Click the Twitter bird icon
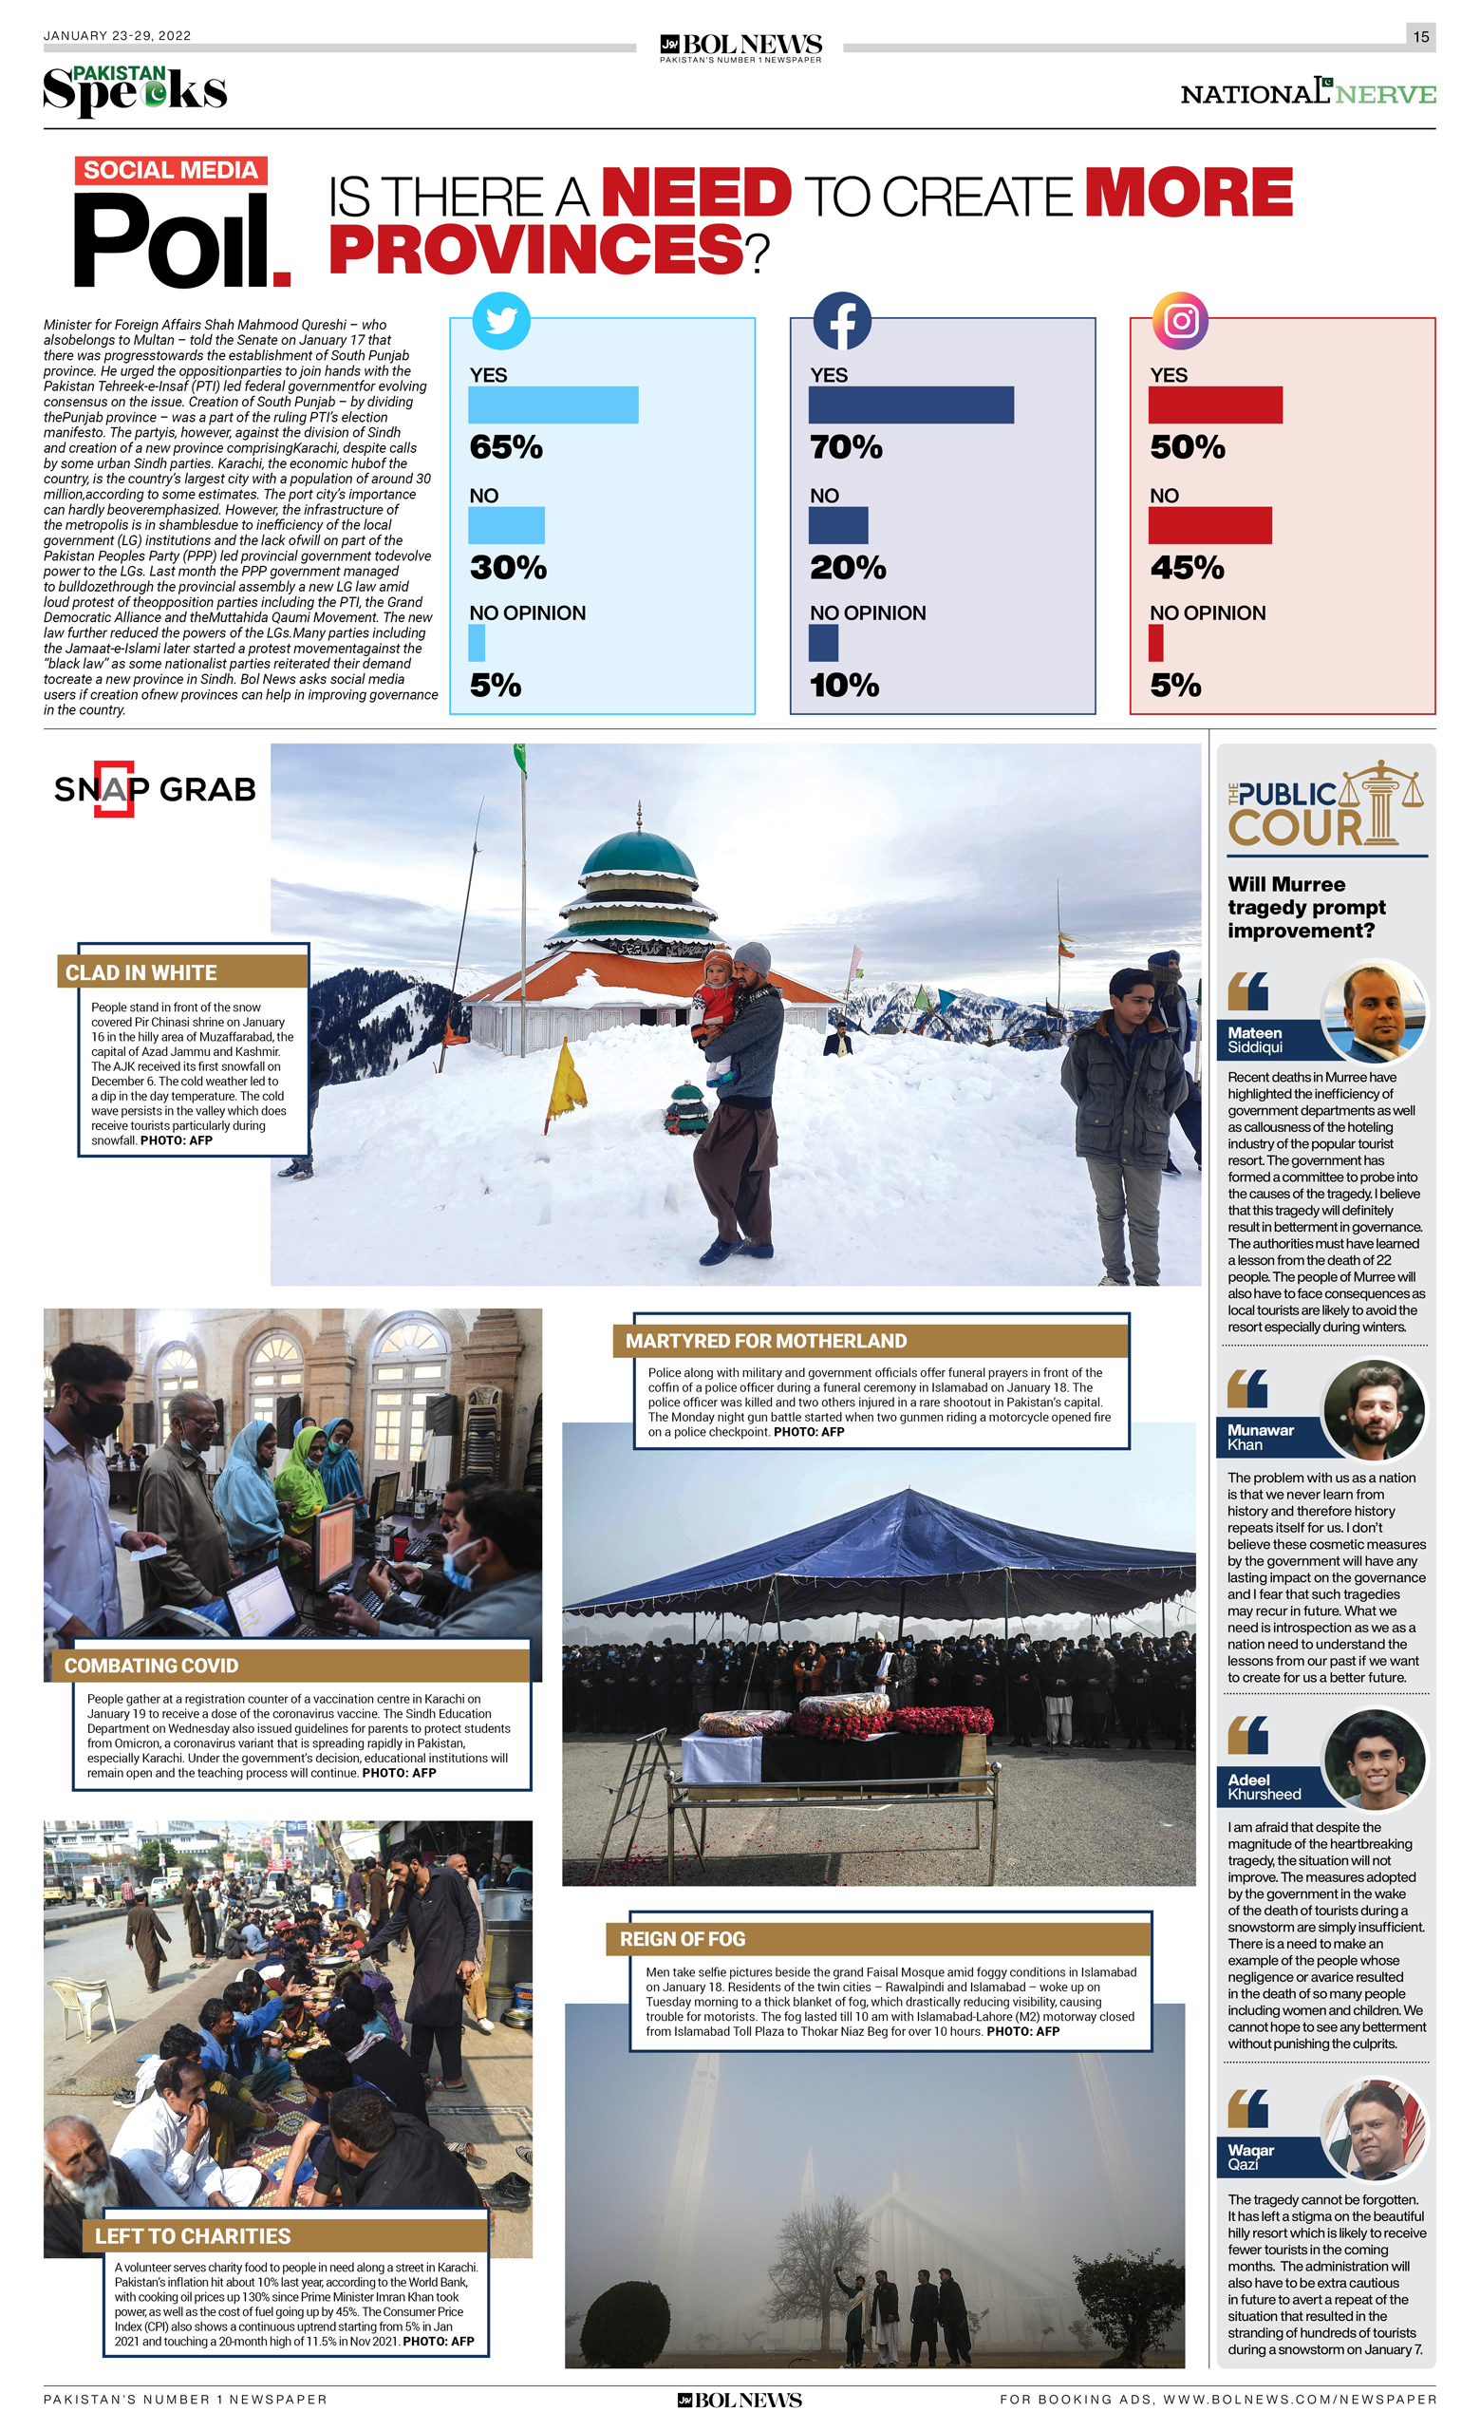[x=501, y=321]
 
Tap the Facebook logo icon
[x=841, y=321]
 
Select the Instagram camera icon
[x=1180, y=321]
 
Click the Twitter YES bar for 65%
[x=553, y=405]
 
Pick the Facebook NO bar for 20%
[x=837, y=525]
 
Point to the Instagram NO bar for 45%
[x=1208, y=525]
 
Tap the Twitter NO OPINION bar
[x=477, y=643]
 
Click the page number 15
[x=1420, y=36]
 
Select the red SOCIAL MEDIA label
[x=171, y=171]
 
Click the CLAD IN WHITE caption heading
[x=142, y=972]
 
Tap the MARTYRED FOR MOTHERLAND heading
[x=766, y=1341]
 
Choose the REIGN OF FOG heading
[x=683, y=1939]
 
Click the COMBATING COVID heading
[x=152, y=1666]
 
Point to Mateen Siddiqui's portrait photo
[x=1373, y=1012]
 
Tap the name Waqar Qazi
[x=1251, y=2157]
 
